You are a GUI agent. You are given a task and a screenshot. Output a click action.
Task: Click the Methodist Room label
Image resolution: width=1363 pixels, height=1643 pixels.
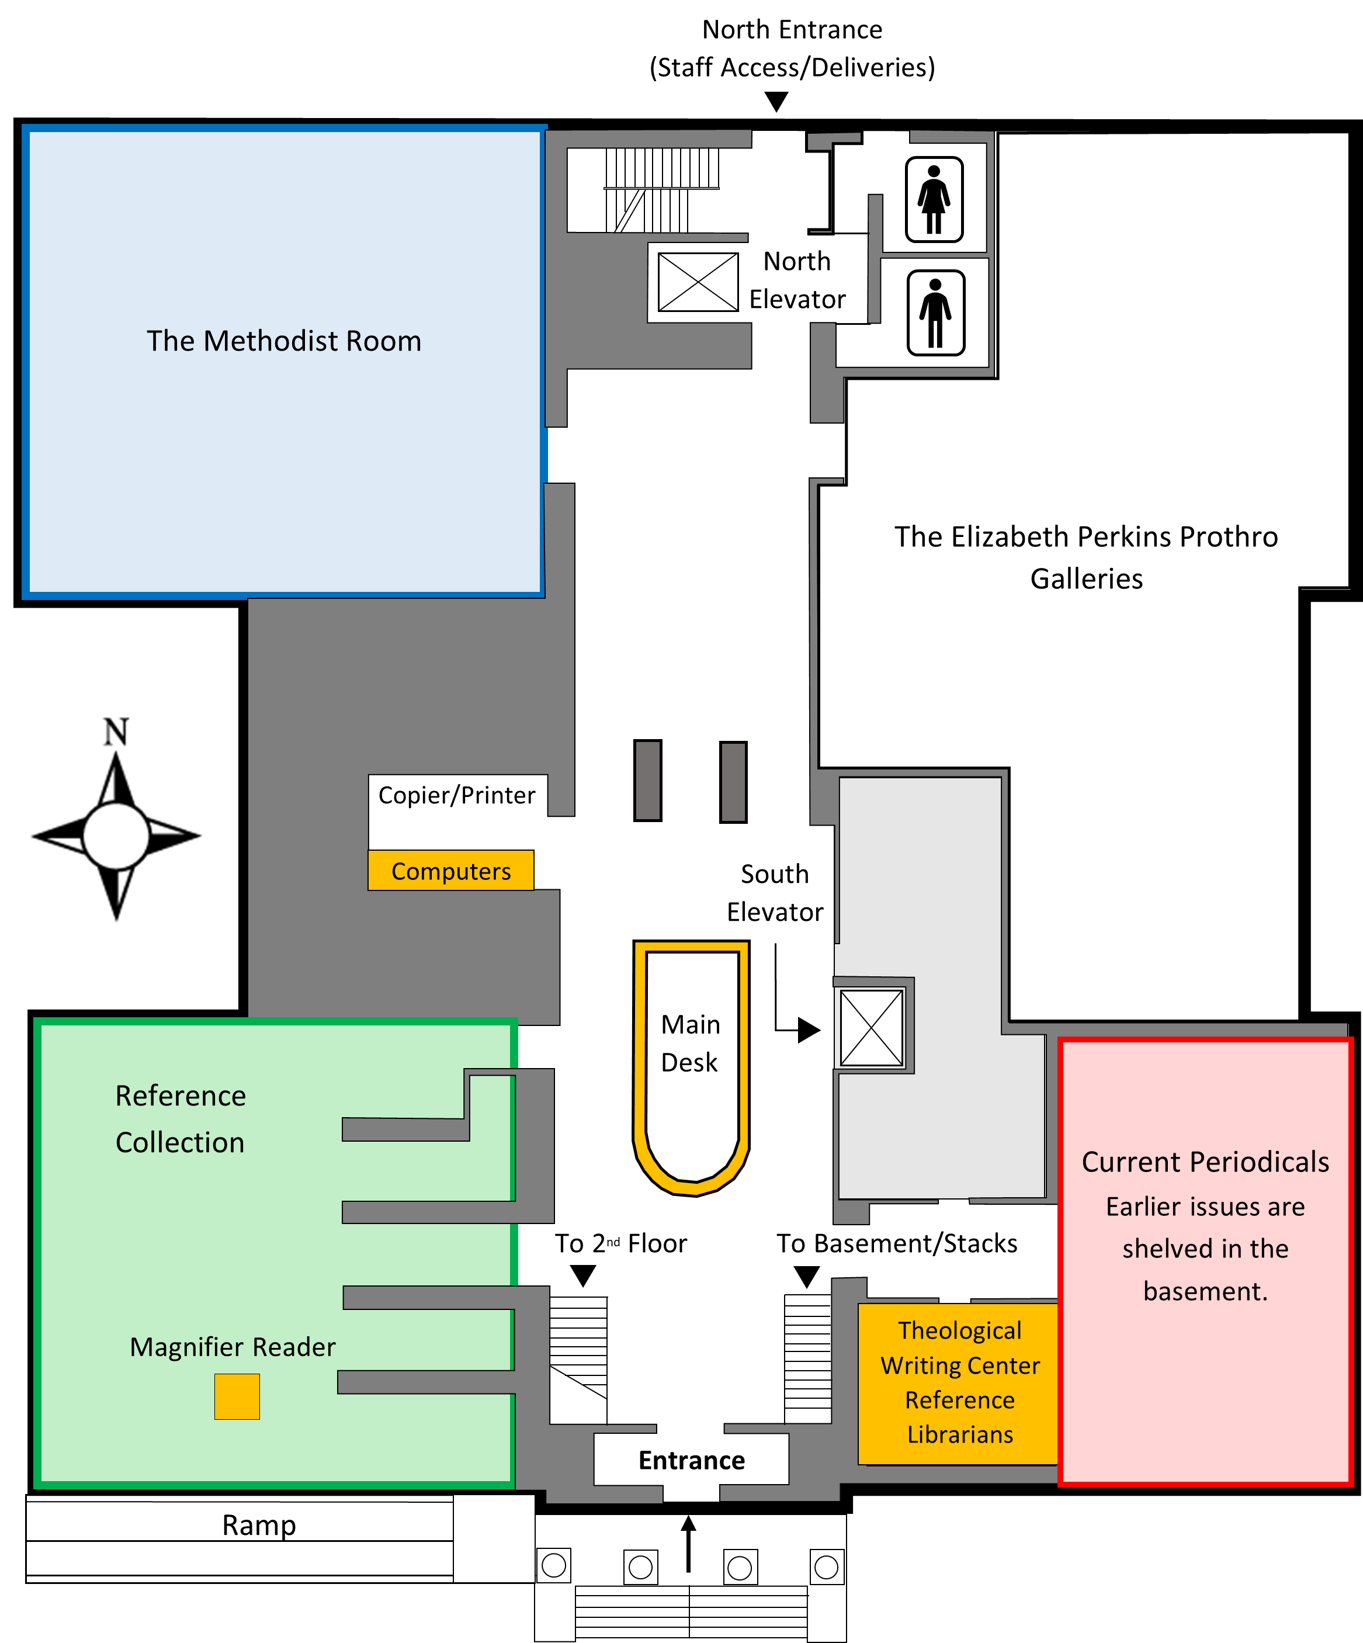pos(284,341)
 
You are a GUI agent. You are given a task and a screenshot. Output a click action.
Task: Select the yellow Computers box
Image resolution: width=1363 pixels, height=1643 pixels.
pos(450,871)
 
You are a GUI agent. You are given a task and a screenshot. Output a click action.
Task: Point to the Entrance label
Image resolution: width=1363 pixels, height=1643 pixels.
pos(692,1460)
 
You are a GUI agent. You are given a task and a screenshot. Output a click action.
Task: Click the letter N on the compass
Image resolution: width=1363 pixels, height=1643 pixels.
pos(116,732)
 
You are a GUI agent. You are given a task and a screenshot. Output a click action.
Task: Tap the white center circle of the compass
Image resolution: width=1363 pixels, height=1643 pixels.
pos(116,836)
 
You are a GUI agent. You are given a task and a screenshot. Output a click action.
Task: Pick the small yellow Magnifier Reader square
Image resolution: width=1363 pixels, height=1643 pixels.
pos(237,1396)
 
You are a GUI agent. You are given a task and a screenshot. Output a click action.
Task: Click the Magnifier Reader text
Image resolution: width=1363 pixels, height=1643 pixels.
pos(233,1347)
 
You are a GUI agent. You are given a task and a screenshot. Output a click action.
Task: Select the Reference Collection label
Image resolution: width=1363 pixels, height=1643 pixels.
pos(181,1119)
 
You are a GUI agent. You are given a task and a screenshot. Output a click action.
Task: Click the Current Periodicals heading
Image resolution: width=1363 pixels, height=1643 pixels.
pos(1205,1162)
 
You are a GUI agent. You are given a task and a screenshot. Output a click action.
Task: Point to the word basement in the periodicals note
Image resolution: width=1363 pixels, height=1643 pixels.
pos(1205,1291)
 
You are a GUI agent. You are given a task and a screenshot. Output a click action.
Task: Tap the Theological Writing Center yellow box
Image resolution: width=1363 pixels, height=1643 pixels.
pos(959,1383)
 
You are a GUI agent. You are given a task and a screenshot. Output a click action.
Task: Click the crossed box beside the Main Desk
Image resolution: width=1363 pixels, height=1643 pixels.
pos(872,1027)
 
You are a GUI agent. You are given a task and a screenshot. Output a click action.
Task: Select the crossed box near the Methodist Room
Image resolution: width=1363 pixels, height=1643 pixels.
pos(698,282)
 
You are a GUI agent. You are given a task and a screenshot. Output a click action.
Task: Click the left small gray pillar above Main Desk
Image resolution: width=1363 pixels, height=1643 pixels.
pos(648,780)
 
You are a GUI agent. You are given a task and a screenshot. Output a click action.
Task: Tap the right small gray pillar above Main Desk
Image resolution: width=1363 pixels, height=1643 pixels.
pos(733,782)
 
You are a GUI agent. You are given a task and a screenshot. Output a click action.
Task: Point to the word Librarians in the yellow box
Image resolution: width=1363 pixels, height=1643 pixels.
pos(960,1434)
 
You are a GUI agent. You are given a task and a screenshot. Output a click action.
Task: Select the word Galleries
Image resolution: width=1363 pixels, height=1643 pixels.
pos(1086,579)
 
